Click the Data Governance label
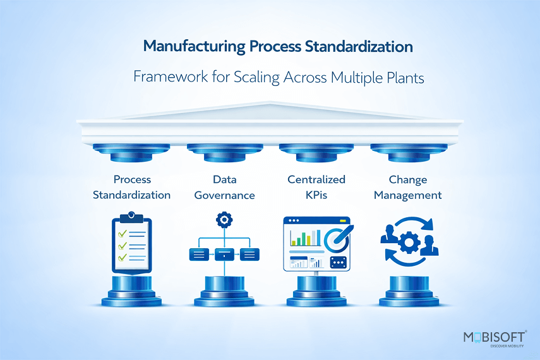[224, 187]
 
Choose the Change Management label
[407, 187]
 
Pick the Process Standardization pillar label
[132, 187]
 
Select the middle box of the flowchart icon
[224, 255]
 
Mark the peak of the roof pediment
[270, 102]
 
